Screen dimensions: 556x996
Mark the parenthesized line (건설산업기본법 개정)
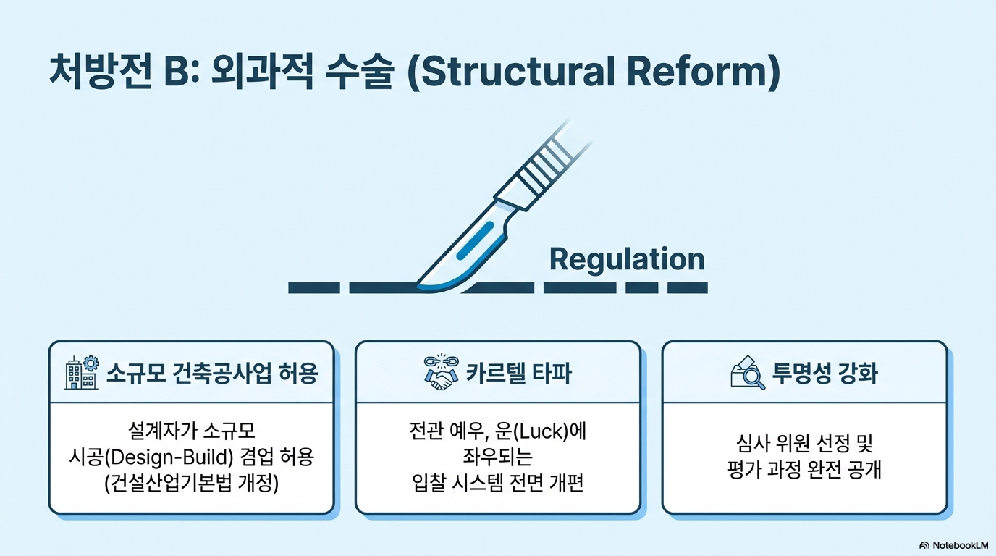(191, 483)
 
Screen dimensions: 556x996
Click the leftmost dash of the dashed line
(314, 288)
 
